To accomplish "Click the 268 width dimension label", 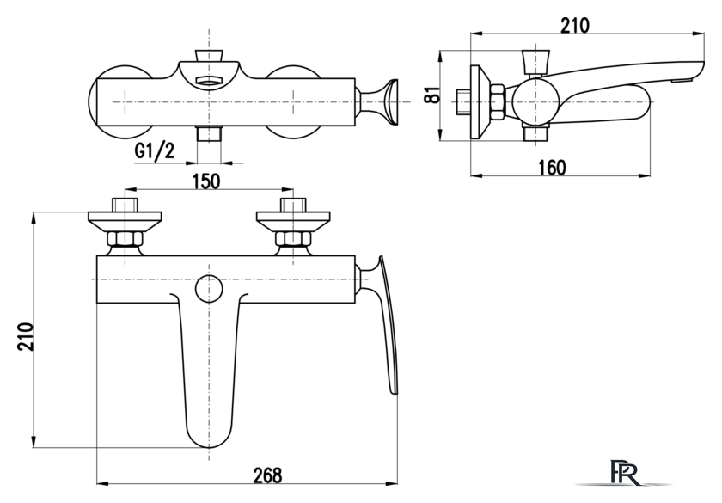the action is point(267,475).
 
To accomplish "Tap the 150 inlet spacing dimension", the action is point(206,181).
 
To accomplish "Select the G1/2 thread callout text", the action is point(155,150).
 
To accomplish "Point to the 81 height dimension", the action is point(433,95).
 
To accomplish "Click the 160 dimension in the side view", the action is point(552,167).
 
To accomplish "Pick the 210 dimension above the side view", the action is point(575,25).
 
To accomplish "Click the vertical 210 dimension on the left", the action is point(25,337).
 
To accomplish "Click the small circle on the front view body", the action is point(209,289).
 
